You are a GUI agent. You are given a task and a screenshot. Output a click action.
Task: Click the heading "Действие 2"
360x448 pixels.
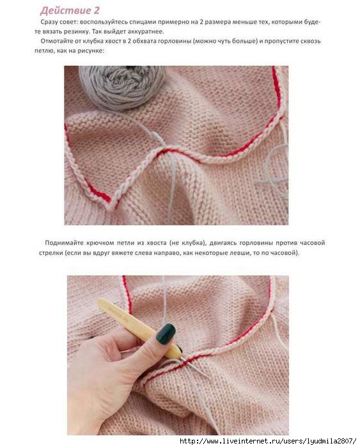click(x=70, y=11)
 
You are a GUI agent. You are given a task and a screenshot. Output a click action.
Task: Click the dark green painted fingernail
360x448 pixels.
click(x=166, y=333)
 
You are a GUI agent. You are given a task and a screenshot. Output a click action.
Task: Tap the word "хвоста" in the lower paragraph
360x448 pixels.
click(x=156, y=243)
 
